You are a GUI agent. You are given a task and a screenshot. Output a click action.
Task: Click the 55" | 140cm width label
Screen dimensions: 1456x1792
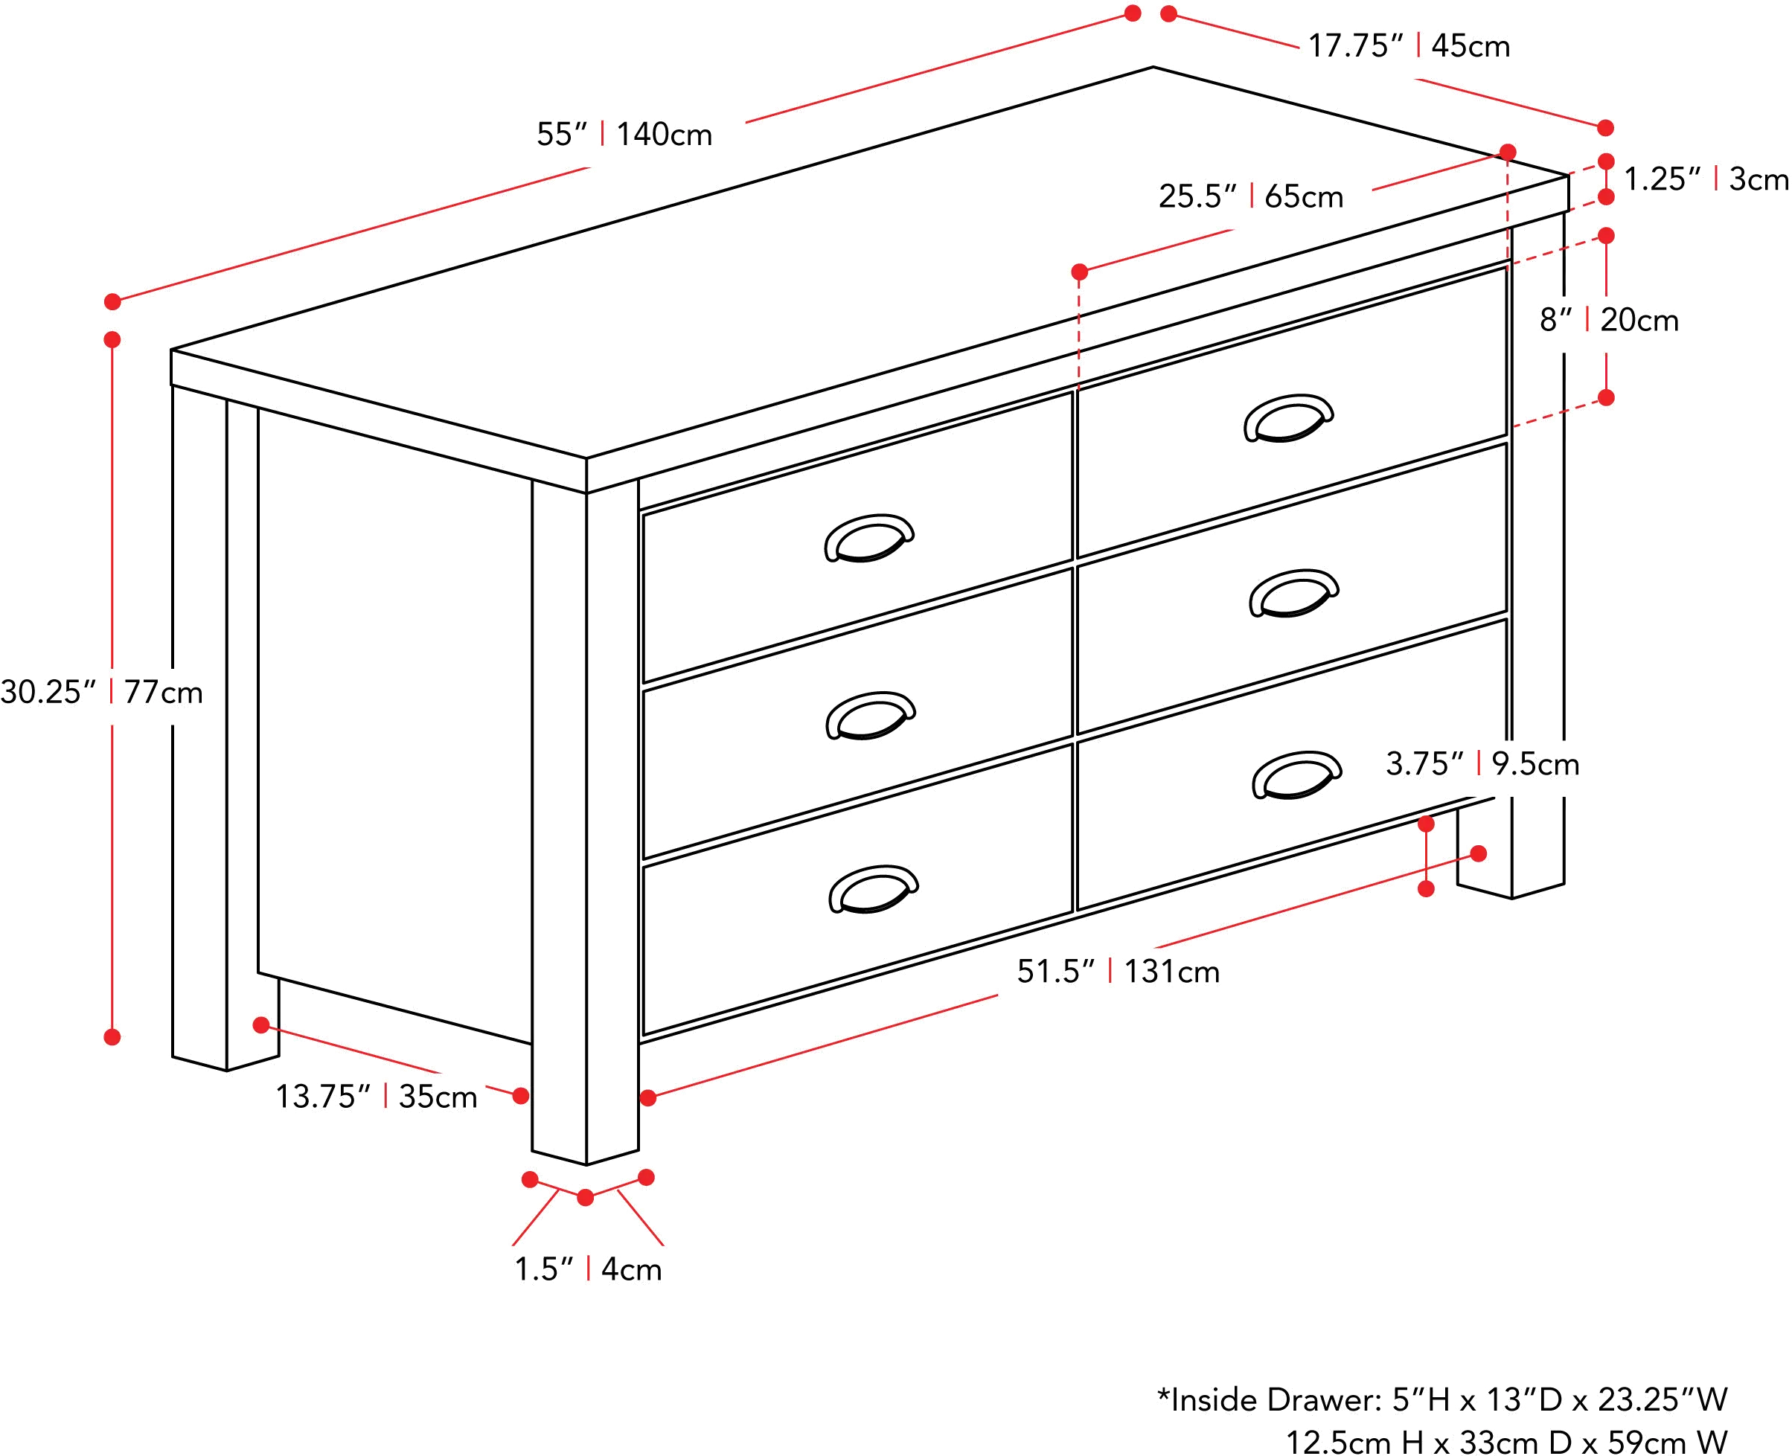627,135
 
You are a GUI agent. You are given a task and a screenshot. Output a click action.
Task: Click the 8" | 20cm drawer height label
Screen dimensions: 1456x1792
1609,321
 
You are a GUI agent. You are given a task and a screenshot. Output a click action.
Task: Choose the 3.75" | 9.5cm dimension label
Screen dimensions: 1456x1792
1482,764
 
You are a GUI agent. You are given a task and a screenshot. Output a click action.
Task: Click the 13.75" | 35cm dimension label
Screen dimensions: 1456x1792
378,1095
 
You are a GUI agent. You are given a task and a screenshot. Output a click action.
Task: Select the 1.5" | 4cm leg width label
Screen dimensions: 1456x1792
588,1269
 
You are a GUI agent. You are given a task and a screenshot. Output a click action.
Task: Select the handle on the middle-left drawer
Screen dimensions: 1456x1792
872,718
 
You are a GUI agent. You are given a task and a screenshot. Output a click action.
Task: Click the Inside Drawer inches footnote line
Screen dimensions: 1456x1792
1441,1398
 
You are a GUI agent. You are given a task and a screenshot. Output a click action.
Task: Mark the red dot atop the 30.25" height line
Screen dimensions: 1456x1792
114,340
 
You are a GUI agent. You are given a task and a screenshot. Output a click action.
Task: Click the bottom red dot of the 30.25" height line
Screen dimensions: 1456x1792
114,1036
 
